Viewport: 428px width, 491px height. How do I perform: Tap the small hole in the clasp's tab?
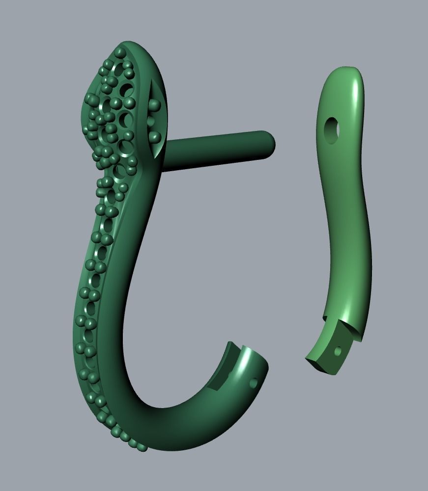coord(338,351)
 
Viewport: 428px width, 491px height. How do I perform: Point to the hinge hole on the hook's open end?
coord(254,383)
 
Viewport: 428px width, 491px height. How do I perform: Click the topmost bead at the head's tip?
coord(120,52)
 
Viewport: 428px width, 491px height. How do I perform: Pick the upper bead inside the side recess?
coord(154,104)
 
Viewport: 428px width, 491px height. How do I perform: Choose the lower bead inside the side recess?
coord(154,136)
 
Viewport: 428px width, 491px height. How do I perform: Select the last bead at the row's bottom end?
coord(143,447)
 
